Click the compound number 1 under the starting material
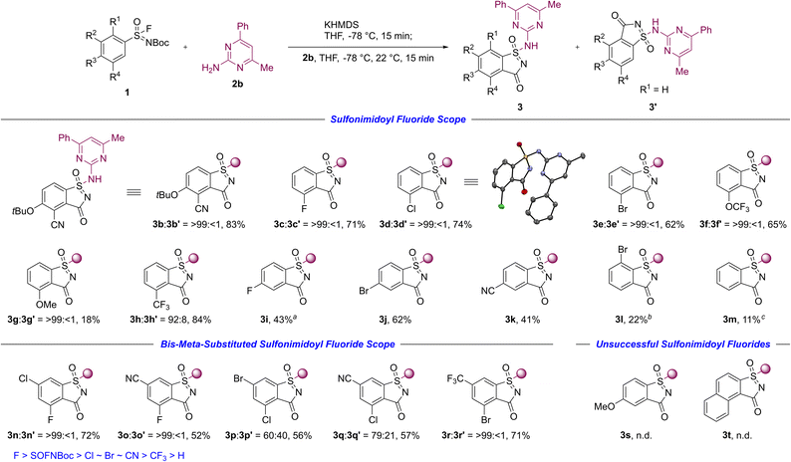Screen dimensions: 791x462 click(127, 93)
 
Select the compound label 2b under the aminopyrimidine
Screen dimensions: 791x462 click(237, 85)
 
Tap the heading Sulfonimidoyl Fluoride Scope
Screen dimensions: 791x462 click(398, 119)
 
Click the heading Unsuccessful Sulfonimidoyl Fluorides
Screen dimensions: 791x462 click(683, 344)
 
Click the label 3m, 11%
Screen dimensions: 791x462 click(741, 320)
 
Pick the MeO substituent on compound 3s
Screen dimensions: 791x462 click(604, 406)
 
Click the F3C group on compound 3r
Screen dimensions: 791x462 click(456, 377)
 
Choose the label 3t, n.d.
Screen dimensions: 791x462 click(737, 435)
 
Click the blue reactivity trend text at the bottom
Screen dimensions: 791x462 click(99, 455)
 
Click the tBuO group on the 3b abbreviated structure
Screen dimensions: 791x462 click(166, 195)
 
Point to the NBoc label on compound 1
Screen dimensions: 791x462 click(159, 43)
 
